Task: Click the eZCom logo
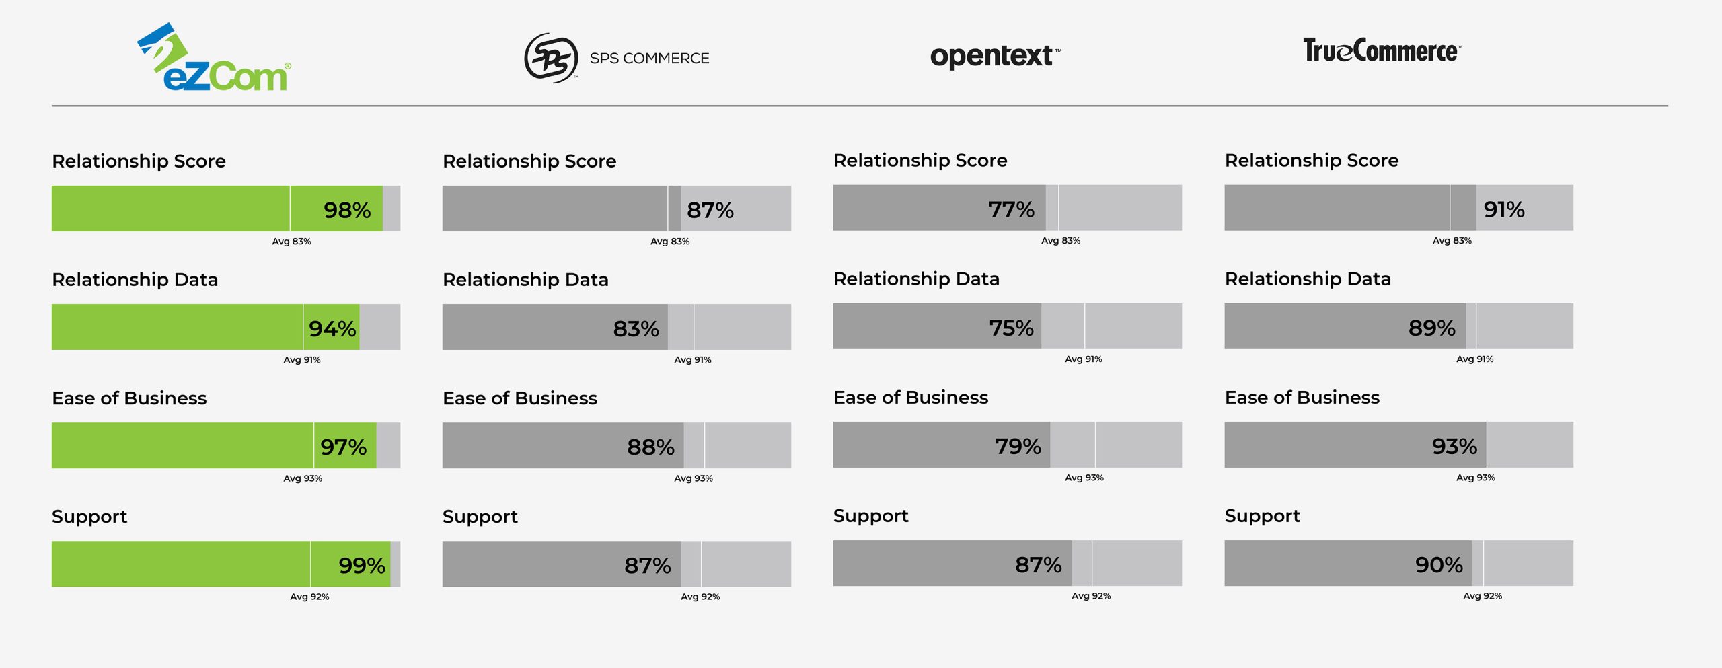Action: pyautogui.click(x=214, y=59)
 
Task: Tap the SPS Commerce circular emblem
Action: pyautogui.click(x=551, y=58)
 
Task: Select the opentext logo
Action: pyautogui.click(x=994, y=56)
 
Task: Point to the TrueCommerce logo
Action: pyautogui.click(x=1382, y=50)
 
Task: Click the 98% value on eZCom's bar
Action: pyautogui.click(x=347, y=210)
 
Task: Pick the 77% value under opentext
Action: pyautogui.click(x=1011, y=209)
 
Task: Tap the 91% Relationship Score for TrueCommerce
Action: pyautogui.click(x=1504, y=209)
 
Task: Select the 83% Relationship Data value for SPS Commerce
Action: pyautogui.click(x=636, y=328)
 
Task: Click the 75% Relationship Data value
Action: pyautogui.click(x=1011, y=328)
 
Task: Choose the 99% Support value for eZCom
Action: pyautogui.click(x=362, y=565)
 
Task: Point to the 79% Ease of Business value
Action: pyautogui.click(x=1018, y=446)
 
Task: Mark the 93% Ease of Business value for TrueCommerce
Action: pyautogui.click(x=1454, y=446)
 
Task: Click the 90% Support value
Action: pyautogui.click(x=1439, y=564)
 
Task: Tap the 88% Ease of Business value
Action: pyautogui.click(x=650, y=447)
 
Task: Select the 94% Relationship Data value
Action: pyautogui.click(x=332, y=328)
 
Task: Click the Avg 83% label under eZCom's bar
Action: pyautogui.click(x=291, y=242)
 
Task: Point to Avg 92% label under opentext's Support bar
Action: pyautogui.click(x=1091, y=596)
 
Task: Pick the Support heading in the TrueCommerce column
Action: pyautogui.click(x=1262, y=516)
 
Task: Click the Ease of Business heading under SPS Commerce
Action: pyautogui.click(x=519, y=398)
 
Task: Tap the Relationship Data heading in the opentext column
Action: pyautogui.click(x=916, y=279)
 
